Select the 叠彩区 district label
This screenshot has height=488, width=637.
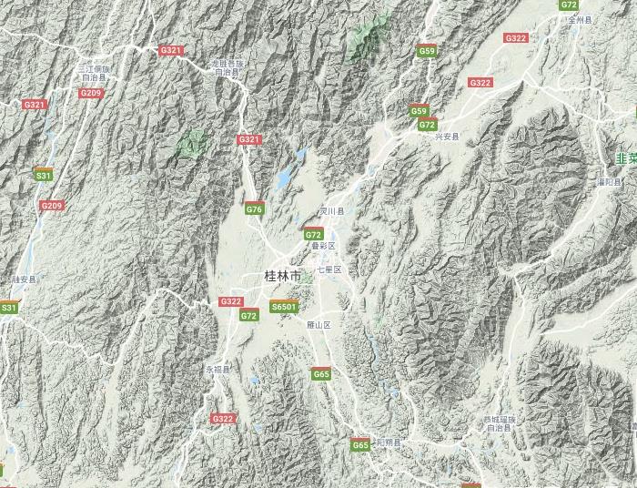coord(324,246)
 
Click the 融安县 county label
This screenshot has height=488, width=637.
coord(25,280)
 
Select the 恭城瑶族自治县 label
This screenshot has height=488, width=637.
coord(500,422)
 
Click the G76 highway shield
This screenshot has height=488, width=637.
coord(254,209)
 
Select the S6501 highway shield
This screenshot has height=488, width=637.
coord(284,308)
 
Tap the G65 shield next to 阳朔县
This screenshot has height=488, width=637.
coord(360,445)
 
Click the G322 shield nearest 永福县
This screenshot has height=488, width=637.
coord(223,419)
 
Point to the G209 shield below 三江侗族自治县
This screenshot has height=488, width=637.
coord(91,93)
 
